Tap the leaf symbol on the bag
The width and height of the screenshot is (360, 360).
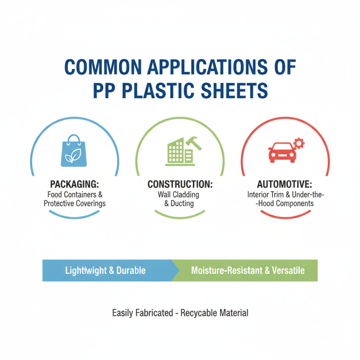(73, 156)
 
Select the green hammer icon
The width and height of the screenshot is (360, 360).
(193, 143)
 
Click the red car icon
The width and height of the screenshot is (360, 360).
(282, 153)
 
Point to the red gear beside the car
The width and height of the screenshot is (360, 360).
(299, 143)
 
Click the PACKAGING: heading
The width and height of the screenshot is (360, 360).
(74, 184)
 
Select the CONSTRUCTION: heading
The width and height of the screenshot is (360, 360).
(180, 184)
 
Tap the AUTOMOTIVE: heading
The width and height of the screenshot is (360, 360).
(284, 184)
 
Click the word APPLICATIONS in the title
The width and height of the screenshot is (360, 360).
(207, 67)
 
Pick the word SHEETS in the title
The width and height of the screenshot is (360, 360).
(234, 90)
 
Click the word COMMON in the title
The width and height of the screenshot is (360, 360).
(103, 67)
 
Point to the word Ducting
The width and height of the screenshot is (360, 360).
(182, 203)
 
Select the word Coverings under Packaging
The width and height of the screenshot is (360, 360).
(91, 204)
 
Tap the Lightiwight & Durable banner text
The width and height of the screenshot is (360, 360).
(105, 270)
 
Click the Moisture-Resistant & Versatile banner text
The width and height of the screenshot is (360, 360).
(248, 270)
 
